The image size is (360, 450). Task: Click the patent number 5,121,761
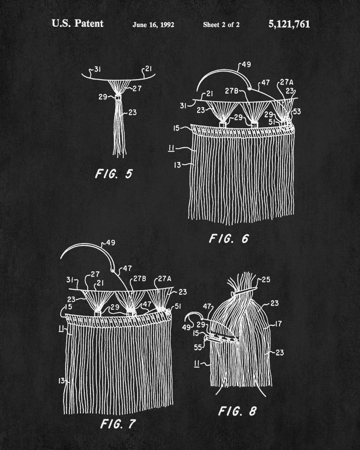[x=289, y=24]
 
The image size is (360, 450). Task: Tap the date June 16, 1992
[x=153, y=25]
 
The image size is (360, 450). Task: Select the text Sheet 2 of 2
[x=221, y=25]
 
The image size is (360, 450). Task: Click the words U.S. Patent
[x=77, y=23]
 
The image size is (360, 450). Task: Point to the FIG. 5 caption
[x=114, y=174]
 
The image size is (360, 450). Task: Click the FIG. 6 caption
[x=229, y=238]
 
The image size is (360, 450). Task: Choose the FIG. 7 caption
[x=118, y=424]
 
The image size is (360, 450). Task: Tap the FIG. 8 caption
[x=237, y=411]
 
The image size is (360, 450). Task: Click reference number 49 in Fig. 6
[x=246, y=64]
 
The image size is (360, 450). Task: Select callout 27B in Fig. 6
[x=231, y=91]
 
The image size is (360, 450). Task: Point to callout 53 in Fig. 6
[x=297, y=111]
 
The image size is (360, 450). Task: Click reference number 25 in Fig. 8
[x=266, y=279]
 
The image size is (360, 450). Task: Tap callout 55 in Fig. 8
[x=198, y=347]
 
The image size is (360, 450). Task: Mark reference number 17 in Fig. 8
[x=278, y=324]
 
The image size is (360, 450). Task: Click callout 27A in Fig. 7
[x=165, y=279]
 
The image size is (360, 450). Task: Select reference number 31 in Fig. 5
[x=97, y=69]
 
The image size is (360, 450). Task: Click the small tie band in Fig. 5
[x=118, y=98]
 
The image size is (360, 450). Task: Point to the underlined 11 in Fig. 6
[x=171, y=148]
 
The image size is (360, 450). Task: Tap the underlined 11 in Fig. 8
[x=197, y=364]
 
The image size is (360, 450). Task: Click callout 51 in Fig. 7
[x=178, y=306]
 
